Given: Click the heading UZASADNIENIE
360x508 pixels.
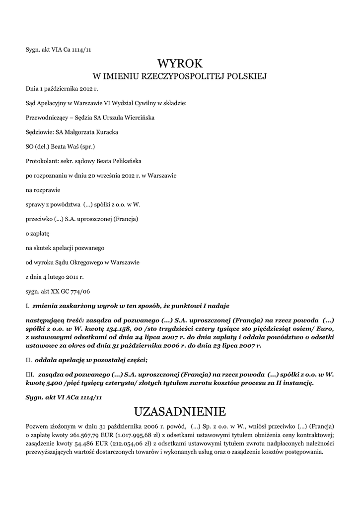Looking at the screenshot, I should click(x=180, y=411).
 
